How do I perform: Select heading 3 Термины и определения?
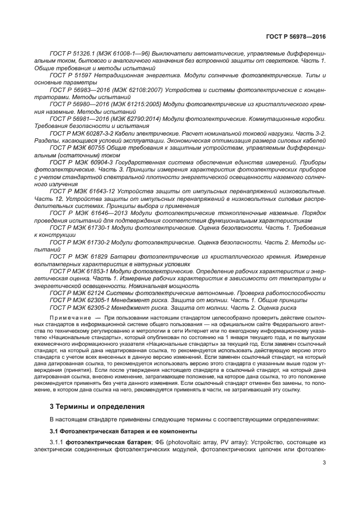tap(89, 406)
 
